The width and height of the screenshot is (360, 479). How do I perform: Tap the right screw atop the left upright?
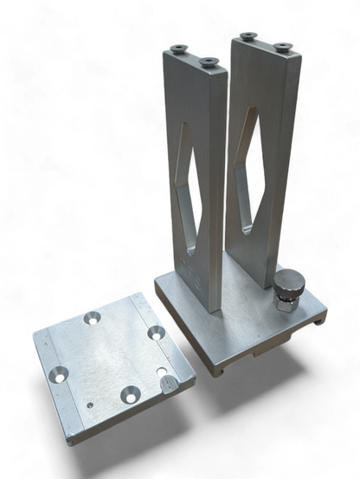(x=209, y=61)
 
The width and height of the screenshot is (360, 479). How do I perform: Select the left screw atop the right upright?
(x=248, y=36)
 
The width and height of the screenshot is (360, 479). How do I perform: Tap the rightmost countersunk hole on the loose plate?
(x=156, y=331)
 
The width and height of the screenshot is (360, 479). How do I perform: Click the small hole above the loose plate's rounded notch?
(x=163, y=370)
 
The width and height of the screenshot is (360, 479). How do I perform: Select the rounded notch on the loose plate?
(x=170, y=383)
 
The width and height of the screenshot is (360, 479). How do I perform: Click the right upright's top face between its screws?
(x=264, y=43)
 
